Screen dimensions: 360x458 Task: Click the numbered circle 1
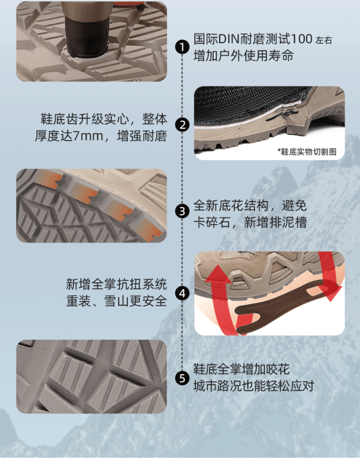183,47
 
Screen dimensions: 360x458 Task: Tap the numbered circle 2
183,125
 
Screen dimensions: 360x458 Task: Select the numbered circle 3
183,211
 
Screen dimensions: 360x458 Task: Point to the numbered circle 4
183,293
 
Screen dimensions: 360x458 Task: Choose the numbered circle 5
183,378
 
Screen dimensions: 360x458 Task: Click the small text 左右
324,41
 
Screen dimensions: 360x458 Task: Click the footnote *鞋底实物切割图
307,152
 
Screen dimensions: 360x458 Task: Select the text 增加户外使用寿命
243,55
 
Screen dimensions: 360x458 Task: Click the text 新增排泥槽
275,223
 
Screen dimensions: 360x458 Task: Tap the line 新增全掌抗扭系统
116,284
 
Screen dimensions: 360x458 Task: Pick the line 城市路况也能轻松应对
253,386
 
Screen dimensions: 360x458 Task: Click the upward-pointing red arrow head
218,273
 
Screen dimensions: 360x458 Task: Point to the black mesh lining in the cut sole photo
243,105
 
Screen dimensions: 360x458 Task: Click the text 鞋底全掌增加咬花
242,369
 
